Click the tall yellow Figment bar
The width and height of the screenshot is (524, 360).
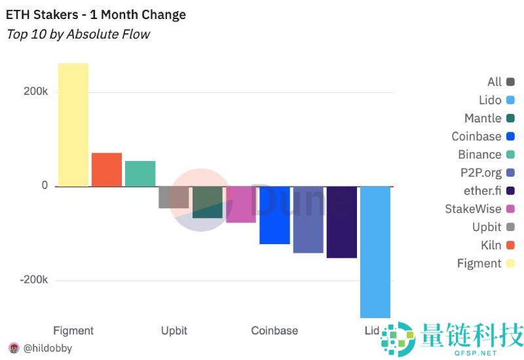[73, 124]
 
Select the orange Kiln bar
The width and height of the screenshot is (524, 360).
[107, 170]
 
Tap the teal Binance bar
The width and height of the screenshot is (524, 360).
[140, 173]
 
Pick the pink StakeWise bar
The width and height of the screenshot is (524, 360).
[241, 204]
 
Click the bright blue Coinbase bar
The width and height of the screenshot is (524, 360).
[274, 215]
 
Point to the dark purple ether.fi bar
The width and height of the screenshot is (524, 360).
[342, 222]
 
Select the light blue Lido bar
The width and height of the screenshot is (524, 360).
[375, 252]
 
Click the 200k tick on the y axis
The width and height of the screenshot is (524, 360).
[35, 92]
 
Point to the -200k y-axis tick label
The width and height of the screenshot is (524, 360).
[34, 279]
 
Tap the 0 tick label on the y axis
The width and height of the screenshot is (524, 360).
[45, 186]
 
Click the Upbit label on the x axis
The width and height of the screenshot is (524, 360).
[175, 331]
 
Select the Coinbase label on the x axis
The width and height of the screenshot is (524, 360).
[274, 331]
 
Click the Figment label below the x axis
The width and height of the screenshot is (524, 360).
[73, 331]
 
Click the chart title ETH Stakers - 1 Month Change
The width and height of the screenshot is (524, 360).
[96, 14]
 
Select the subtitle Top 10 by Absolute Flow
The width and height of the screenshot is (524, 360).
[78, 34]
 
